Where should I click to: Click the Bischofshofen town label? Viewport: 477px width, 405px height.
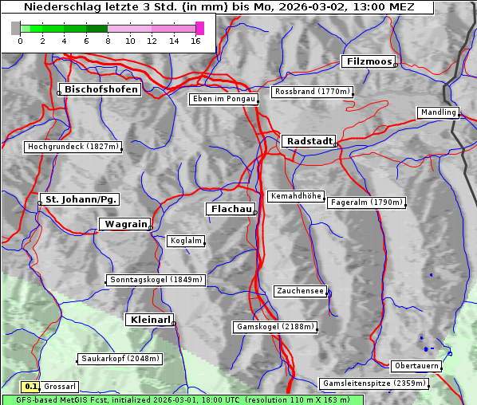pos(102,89)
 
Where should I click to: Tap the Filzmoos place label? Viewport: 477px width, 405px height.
pos(368,61)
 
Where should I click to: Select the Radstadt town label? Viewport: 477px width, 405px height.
pos(307,141)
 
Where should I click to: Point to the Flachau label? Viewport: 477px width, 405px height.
pos(231,209)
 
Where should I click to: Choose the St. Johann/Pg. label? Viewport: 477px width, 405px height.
pos(81,199)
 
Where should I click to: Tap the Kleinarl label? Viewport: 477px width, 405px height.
pos(149,320)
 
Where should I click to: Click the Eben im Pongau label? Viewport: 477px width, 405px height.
pos(223,99)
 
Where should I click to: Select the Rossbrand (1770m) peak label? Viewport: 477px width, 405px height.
pos(312,92)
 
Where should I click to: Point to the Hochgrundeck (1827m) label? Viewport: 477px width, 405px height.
pos(73,147)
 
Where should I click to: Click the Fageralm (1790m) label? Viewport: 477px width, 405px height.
pos(366,202)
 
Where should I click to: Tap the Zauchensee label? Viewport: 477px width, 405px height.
pos(300,291)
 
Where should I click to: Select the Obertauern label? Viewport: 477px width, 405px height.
pos(416,366)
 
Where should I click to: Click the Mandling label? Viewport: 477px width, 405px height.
pos(438,112)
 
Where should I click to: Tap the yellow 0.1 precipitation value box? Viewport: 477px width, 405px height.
pos(32,386)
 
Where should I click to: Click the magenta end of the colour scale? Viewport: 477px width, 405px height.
pos(199,28)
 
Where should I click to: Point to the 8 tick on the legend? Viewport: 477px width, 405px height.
pos(108,40)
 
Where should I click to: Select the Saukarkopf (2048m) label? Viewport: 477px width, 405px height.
pos(120,359)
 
